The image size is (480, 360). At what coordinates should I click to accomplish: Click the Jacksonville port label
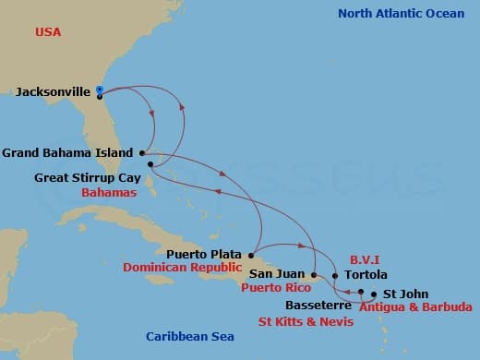coord(53,92)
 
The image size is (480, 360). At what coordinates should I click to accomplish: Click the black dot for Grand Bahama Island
coord(141,152)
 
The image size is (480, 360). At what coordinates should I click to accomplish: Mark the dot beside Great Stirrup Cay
coord(150,164)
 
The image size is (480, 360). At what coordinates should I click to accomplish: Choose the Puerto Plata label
coord(204,254)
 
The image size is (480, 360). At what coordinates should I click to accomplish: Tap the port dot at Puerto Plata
coord(252,254)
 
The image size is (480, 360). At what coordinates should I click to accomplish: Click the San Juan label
coord(274,274)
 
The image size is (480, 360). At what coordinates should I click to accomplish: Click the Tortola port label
coord(365,275)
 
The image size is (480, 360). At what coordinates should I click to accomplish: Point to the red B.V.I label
coord(365,260)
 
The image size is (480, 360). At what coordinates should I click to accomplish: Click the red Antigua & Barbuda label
coord(418,307)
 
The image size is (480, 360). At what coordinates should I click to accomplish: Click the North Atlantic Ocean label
coord(401,13)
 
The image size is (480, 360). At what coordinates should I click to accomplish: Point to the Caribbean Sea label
coord(190,337)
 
